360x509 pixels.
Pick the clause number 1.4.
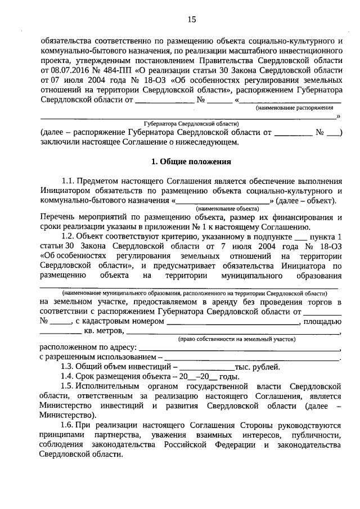(69, 376)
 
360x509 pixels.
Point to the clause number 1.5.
(69, 386)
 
